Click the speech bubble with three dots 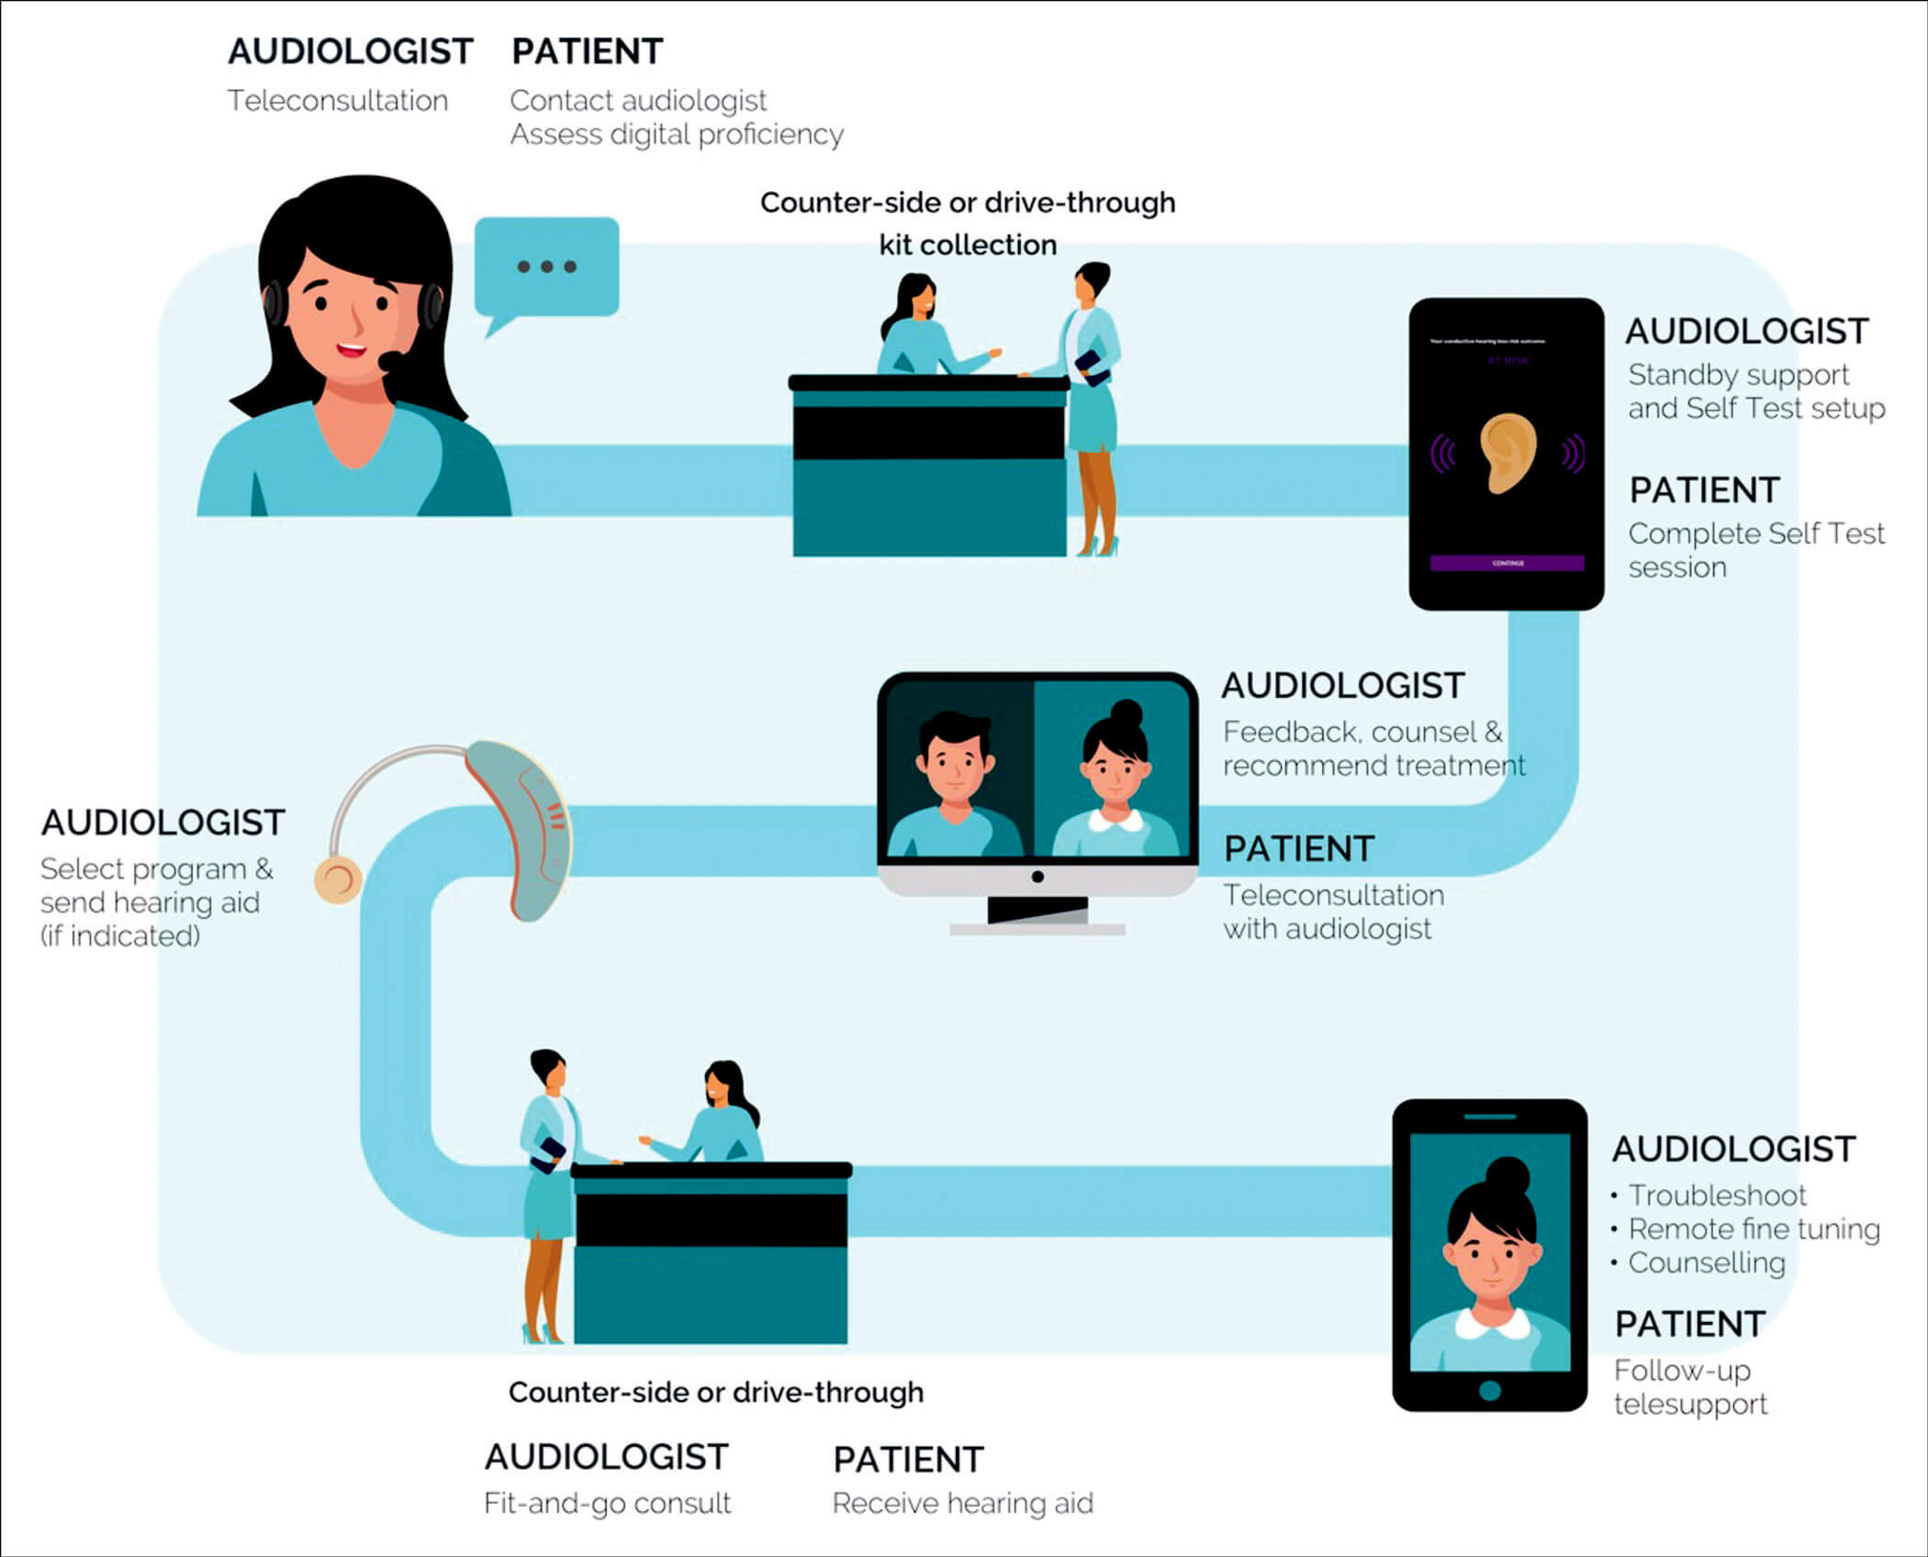point(546,267)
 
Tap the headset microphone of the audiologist point(390,359)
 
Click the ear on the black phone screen point(1508,453)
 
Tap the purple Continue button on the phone point(1507,563)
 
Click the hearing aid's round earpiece point(338,879)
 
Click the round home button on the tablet point(1489,1390)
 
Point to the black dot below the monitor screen point(1037,877)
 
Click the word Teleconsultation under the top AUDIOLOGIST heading point(338,100)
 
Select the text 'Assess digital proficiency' point(677,134)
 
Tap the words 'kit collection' point(968,245)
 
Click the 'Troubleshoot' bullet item point(1717,1195)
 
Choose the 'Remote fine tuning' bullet point(1754,1229)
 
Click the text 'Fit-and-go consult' point(607,1503)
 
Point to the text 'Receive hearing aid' point(962,1503)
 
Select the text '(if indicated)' point(120,935)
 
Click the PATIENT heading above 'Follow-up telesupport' point(1689,1324)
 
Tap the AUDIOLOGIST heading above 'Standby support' point(1746,331)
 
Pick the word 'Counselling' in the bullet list point(1707,1263)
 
